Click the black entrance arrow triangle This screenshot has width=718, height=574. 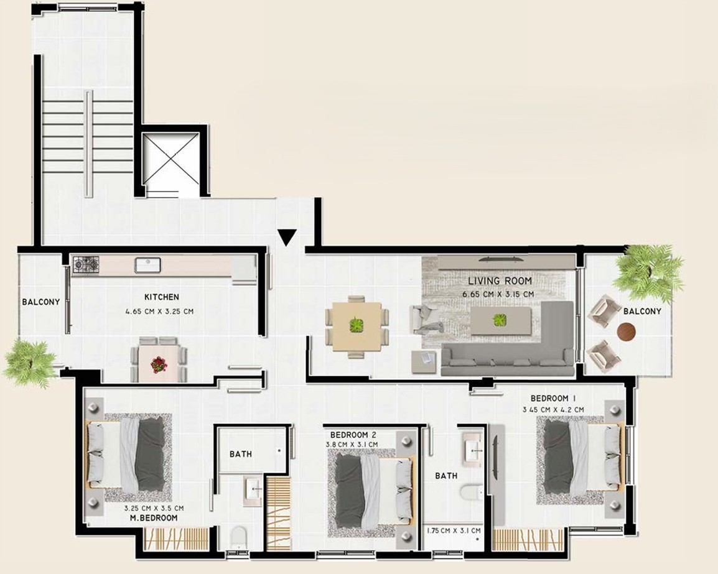click(x=287, y=237)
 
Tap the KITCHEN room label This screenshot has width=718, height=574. click(x=162, y=297)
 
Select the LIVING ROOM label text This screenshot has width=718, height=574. click(x=500, y=280)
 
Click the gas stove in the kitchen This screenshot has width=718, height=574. click(x=86, y=266)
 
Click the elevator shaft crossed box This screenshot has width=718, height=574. click(x=170, y=159)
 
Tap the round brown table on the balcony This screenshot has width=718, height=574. click(x=627, y=332)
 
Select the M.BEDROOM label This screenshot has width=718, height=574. click(x=154, y=518)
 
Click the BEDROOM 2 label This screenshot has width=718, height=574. click(x=353, y=435)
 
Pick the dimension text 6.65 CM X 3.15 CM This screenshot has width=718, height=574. click(x=498, y=294)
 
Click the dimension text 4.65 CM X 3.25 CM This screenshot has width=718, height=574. click(x=159, y=312)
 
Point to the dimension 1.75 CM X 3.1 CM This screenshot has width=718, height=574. click(x=454, y=531)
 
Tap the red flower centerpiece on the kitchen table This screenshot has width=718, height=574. click(x=159, y=364)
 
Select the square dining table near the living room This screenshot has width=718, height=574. click(x=357, y=326)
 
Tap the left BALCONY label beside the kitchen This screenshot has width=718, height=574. click(x=41, y=302)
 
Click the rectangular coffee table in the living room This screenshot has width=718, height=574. click(x=501, y=321)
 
